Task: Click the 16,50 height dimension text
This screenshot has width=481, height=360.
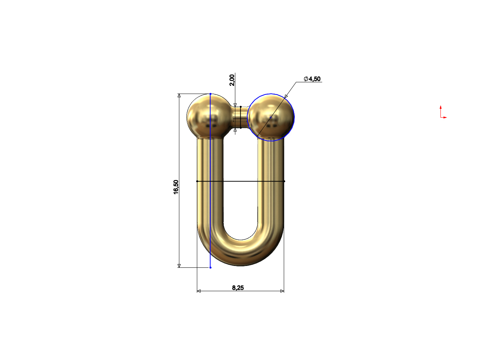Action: (176, 187)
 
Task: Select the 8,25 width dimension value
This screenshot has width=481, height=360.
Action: (238, 288)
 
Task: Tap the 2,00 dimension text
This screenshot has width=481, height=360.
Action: (231, 80)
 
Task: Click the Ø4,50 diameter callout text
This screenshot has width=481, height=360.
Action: (312, 79)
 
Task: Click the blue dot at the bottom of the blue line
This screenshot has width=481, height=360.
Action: (210, 267)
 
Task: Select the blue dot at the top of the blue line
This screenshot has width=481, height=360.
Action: (210, 94)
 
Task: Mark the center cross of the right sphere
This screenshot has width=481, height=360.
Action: (271, 117)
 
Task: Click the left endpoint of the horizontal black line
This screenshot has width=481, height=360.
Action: (197, 181)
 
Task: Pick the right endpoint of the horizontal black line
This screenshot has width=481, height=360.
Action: (284, 181)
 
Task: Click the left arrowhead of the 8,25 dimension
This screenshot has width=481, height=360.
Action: (199, 291)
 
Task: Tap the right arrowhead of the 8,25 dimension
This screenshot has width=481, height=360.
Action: (282, 291)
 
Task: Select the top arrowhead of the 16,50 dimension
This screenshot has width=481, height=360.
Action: (179, 96)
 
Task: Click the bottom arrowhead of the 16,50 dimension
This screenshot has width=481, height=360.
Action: (179, 266)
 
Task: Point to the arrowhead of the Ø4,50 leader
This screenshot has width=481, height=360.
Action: (286, 97)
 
